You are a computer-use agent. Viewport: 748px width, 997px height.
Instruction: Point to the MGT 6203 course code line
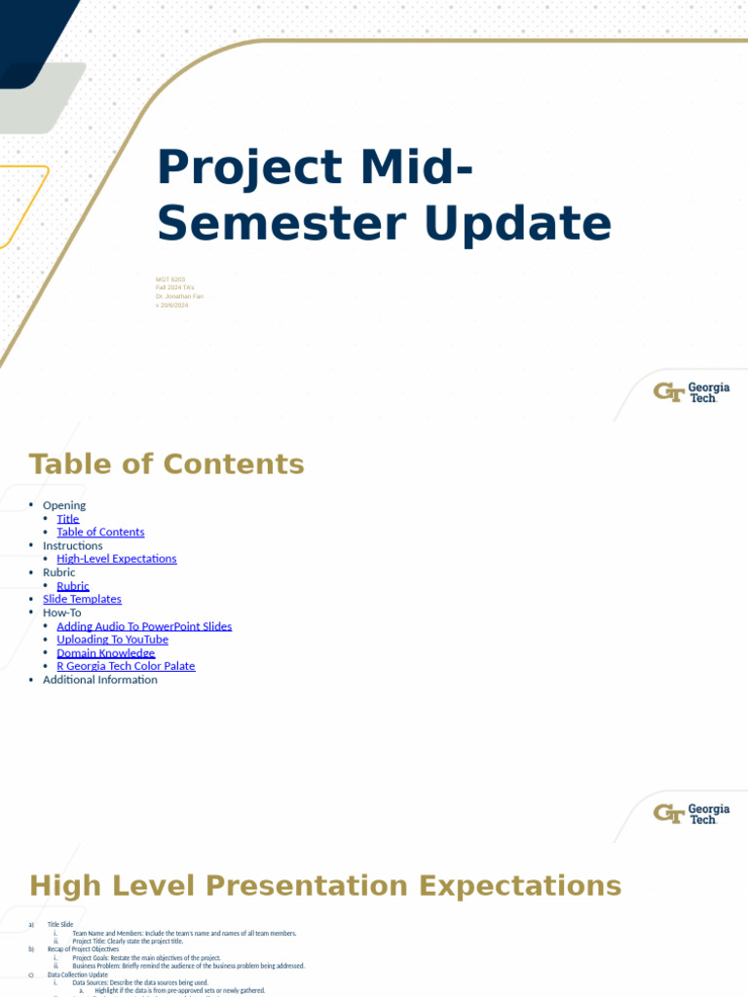coord(170,279)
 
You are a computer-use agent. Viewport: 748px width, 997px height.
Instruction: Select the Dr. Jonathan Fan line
coord(179,296)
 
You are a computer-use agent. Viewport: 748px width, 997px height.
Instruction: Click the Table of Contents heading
coord(167,463)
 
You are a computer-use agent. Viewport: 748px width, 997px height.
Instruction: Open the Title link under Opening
coord(68,519)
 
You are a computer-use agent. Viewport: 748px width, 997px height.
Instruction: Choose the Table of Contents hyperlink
coord(100,533)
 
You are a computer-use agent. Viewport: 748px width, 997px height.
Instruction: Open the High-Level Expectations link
coord(117,559)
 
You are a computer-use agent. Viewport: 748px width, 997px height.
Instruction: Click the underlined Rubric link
coord(73,586)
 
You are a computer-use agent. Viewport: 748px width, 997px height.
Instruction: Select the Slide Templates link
coord(82,600)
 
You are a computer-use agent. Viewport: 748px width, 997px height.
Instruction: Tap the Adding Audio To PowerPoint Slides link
coord(144,626)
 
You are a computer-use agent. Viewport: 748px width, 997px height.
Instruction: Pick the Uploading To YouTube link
coord(112,640)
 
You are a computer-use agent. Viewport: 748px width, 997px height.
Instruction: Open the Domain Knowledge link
coord(106,653)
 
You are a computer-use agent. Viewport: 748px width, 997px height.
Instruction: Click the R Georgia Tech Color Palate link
coord(126,666)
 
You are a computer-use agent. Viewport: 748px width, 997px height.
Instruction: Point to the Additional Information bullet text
coord(99,680)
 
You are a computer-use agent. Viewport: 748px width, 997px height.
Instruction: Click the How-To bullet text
coord(62,612)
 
